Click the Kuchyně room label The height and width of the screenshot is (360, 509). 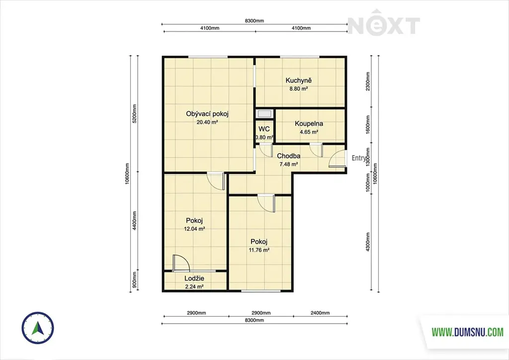coord(299,81)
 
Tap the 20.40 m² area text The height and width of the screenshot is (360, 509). coord(207,122)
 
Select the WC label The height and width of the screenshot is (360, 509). coord(264,129)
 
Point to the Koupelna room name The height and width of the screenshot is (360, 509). coord(309,124)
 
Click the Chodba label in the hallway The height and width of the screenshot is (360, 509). coord(289,156)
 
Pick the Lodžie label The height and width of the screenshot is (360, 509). coord(194,278)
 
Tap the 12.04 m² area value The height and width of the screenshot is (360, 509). coord(194,229)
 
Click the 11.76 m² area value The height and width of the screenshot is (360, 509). coord(259,250)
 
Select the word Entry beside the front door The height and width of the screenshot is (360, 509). coord(358,158)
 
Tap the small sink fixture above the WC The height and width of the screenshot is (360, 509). coord(264,113)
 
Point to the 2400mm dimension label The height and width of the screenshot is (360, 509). coord(320,313)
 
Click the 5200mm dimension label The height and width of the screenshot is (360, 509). coord(135,113)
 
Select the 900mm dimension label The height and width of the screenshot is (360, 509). coord(135,281)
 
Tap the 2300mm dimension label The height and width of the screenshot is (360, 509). coord(368,81)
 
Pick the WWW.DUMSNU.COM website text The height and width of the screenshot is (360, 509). coord(467,332)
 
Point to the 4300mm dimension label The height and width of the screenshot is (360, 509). coord(368,242)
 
